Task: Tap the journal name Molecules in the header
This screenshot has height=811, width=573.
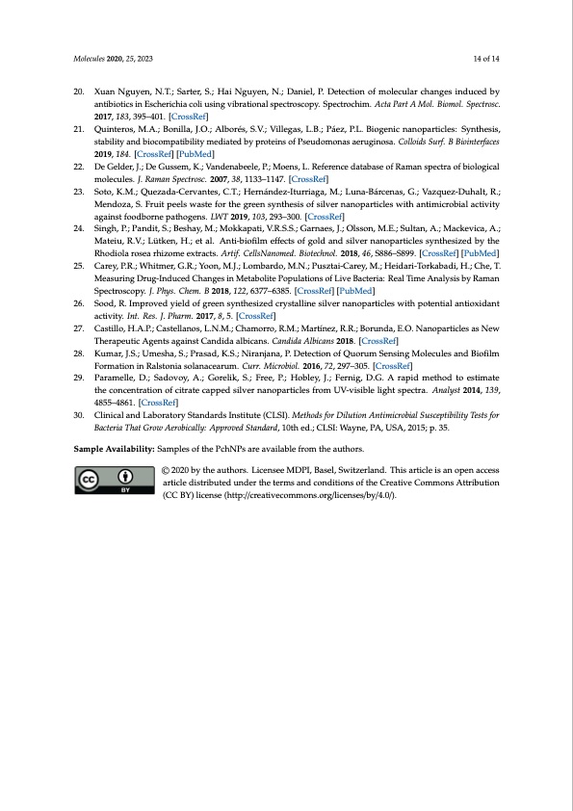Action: [91, 58]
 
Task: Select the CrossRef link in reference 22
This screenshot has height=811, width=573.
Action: [310, 178]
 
